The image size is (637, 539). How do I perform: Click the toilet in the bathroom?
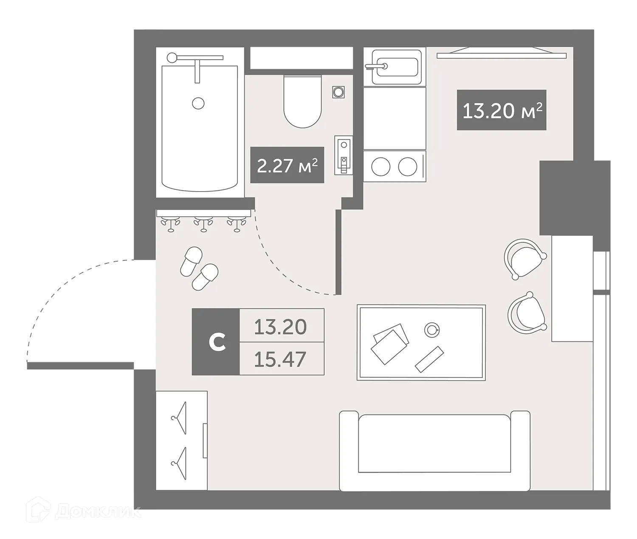click(302, 102)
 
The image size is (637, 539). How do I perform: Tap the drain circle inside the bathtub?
click(198, 103)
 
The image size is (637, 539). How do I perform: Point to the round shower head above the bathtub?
click(172, 57)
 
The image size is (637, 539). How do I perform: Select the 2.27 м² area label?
click(287, 165)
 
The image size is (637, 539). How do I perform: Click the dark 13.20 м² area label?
click(502, 110)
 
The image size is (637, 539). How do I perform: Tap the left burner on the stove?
click(381, 167)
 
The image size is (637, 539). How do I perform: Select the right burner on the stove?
click(408, 167)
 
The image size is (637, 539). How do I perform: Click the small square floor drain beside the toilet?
click(338, 92)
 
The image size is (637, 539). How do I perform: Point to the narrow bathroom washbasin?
click(344, 155)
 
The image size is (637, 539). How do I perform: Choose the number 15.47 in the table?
click(280, 359)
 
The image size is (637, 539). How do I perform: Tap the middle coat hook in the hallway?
click(203, 223)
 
